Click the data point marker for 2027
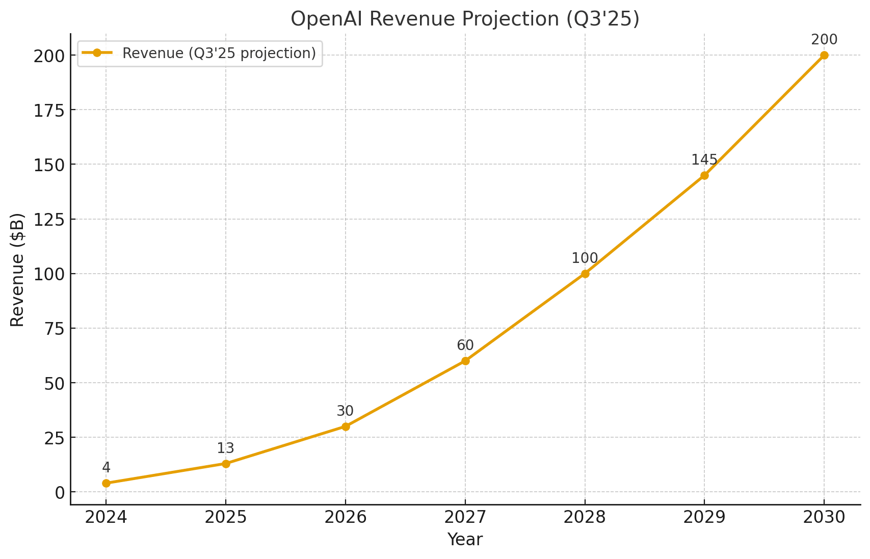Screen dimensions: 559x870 tap(465, 361)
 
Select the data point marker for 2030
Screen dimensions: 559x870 tap(824, 55)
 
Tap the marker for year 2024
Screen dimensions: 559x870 tap(106, 483)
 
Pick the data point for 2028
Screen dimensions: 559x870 tap(585, 274)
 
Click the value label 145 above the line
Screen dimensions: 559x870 tap(704, 160)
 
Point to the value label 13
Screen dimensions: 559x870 tap(226, 448)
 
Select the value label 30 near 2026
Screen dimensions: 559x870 tap(345, 411)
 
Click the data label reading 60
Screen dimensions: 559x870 tap(465, 345)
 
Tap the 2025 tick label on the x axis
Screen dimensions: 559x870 tap(226, 518)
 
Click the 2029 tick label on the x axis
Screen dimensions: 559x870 tap(704, 518)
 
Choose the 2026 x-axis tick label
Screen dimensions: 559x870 tap(345, 518)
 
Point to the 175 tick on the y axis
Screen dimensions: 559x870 tap(49, 110)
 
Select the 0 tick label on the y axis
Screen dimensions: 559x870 tap(60, 493)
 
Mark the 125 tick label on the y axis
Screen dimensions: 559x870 tap(49, 220)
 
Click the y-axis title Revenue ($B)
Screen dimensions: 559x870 tap(17, 270)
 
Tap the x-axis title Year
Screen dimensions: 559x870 tap(465, 540)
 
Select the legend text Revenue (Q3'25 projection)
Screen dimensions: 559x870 tap(219, 54)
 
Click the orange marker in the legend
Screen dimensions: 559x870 tap(97, 52)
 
